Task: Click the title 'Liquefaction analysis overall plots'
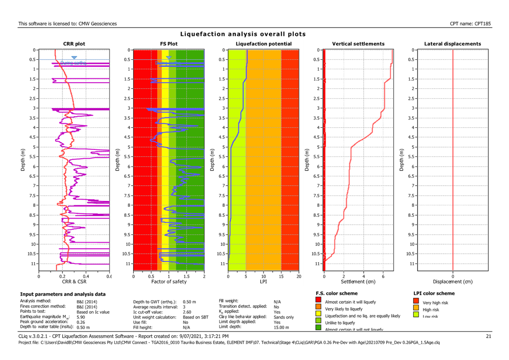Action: (243, 34)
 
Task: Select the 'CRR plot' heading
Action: (74, 44)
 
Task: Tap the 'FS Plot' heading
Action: (169, 44)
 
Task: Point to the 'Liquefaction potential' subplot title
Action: (263, 44)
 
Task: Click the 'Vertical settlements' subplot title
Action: (358, 44)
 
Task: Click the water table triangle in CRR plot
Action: (74, 57)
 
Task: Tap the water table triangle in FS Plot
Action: (169, 57)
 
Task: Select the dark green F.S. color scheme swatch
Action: (319, 327)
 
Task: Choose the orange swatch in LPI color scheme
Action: (417, 309)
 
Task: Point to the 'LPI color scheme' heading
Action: (434, 293)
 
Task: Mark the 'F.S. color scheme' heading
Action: (337, 293)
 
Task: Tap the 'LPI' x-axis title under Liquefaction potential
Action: (263, 281)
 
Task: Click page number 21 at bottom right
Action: (489, 337)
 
